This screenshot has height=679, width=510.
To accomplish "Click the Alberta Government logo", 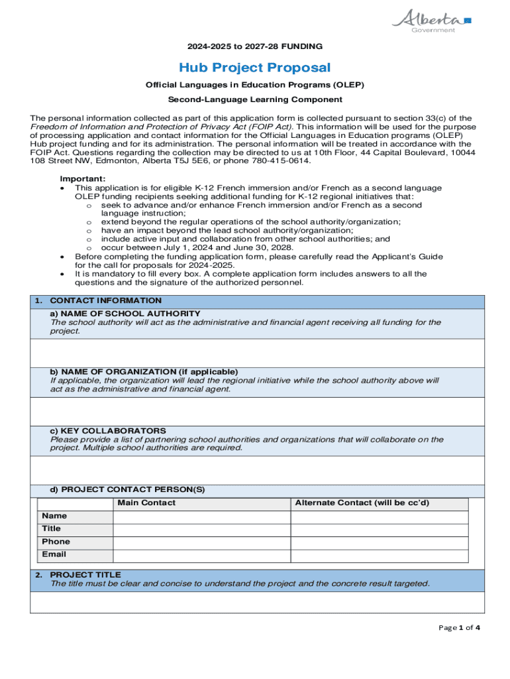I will point(431,20).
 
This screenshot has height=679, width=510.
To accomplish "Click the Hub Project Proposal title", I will point(255,68).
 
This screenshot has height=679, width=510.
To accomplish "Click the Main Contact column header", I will point(146,503).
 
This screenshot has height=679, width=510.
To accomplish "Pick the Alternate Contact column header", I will point(362,503).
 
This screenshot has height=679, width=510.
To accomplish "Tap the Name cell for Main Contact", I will point(201,517).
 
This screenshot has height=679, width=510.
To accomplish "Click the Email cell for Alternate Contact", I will point(379,555).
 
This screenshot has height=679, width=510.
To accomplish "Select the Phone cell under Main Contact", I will point(201,542).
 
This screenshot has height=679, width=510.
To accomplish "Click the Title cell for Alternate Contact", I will point(379,529).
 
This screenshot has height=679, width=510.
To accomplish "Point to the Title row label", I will point(51,529).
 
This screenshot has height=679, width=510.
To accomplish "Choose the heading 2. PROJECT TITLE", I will point(85,574).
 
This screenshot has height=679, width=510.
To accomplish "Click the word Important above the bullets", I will point(83,179).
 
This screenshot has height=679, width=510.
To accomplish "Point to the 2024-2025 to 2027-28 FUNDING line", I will point(255,46).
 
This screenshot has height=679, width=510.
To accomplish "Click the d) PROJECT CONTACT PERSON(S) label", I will point(128,489).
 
